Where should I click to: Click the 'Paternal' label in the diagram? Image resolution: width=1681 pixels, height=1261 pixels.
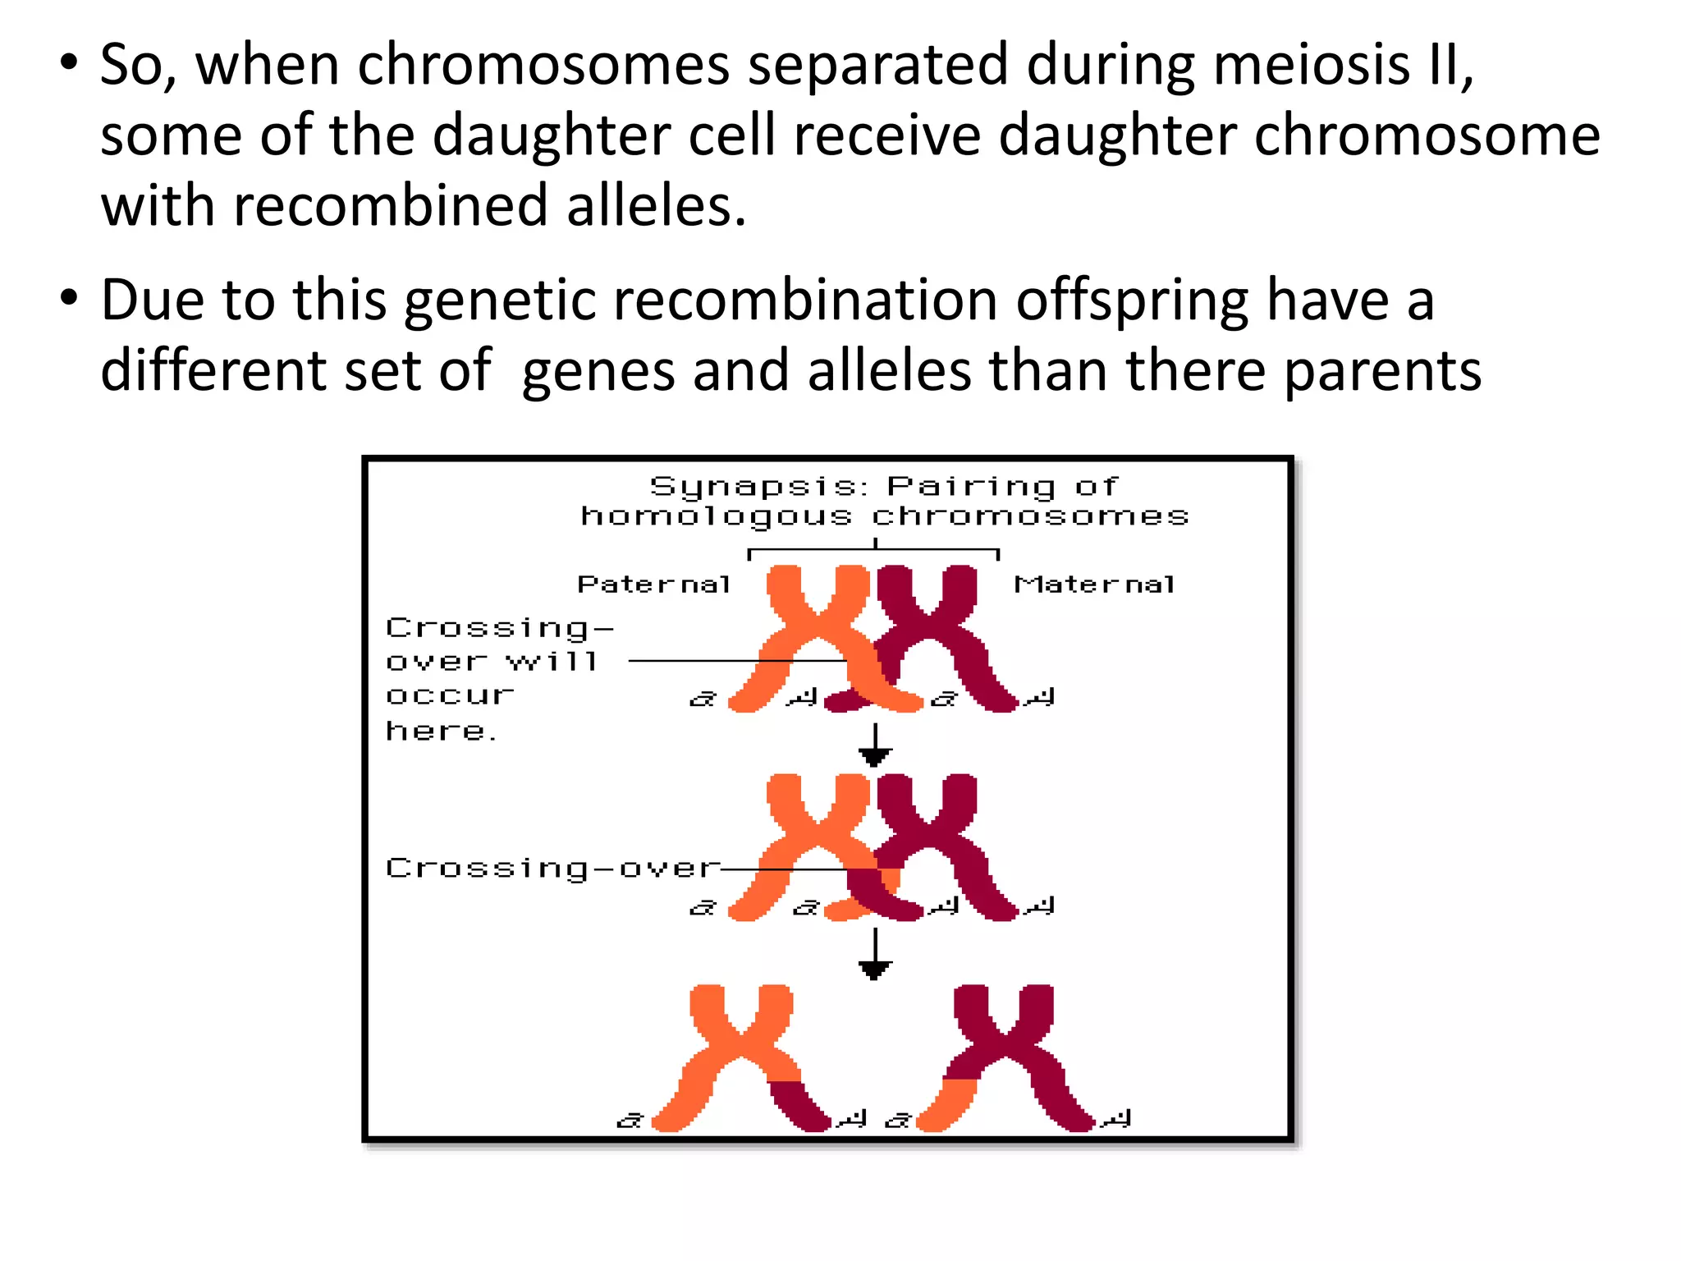654,585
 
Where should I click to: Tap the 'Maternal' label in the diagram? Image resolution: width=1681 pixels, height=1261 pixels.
1095,585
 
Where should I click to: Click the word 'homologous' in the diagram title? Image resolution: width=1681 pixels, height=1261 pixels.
716,516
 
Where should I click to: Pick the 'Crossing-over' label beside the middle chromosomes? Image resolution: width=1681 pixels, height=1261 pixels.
552,869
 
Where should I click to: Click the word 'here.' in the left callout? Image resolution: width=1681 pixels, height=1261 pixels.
441,731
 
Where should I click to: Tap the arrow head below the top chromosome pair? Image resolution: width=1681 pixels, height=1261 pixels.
875,756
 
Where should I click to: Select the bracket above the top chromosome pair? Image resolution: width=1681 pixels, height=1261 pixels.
875,549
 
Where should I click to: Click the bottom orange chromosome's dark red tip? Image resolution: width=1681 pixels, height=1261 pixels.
800,1108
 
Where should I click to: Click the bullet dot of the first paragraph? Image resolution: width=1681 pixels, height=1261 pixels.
69,63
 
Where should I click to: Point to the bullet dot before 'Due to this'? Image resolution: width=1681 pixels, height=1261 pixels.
69,298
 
